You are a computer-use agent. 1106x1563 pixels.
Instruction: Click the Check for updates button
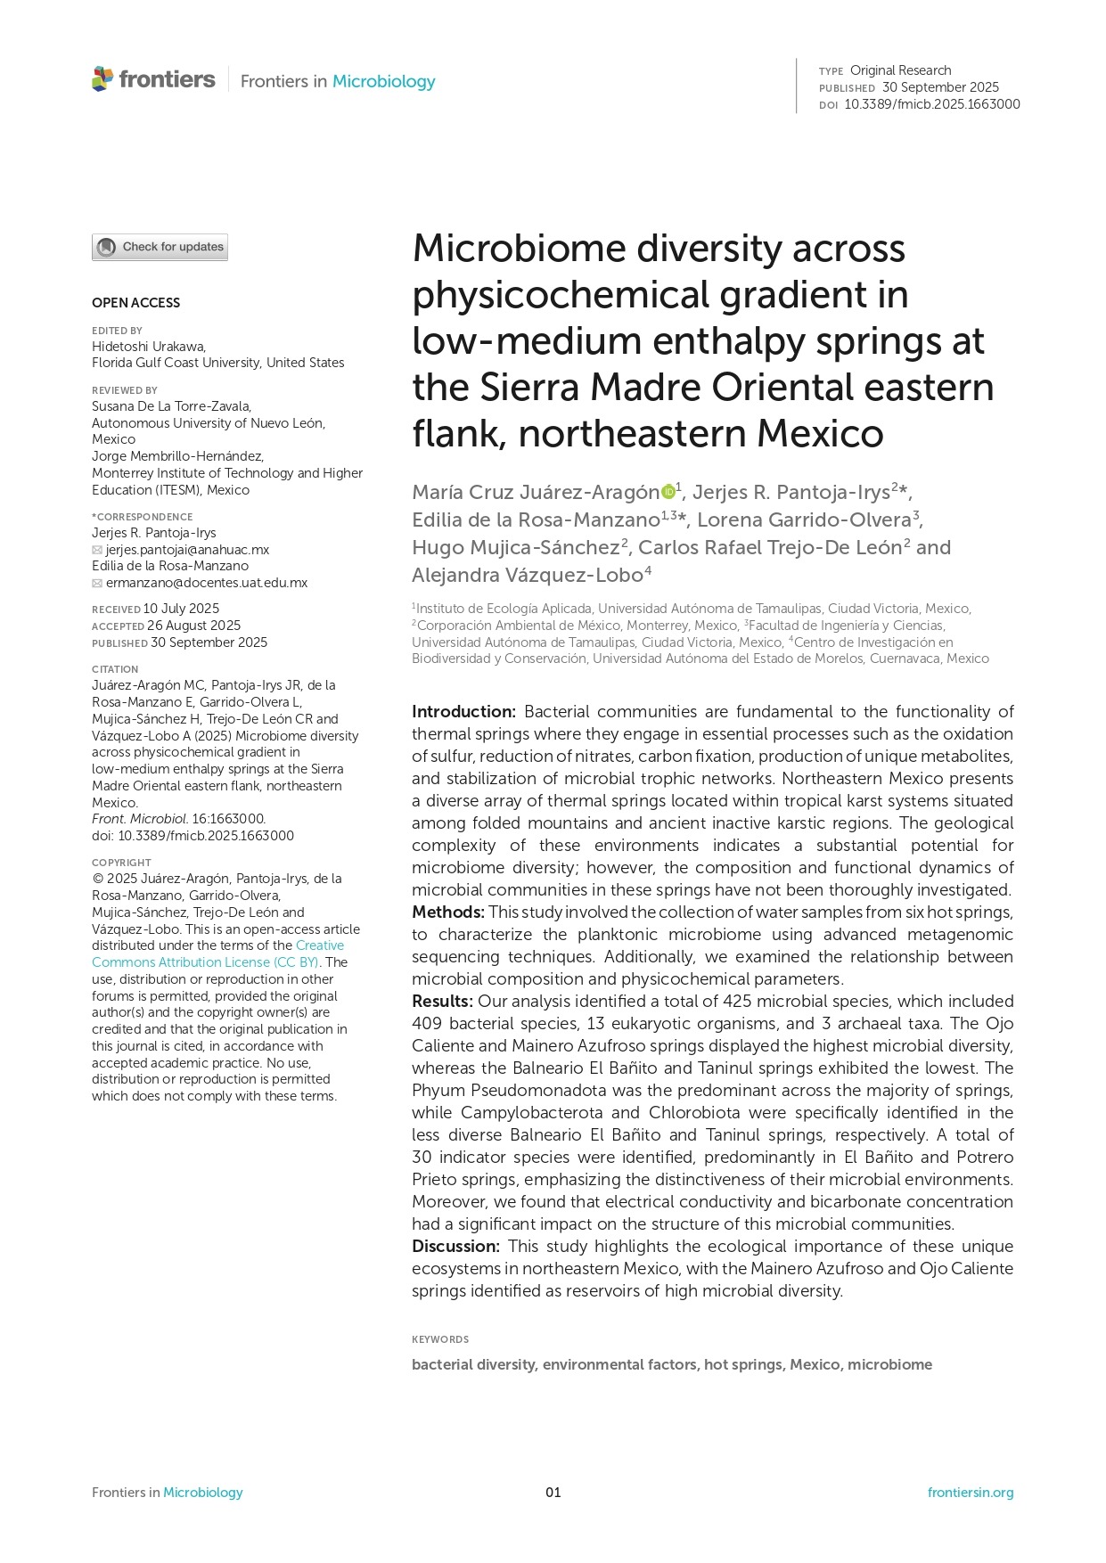pos(160,247)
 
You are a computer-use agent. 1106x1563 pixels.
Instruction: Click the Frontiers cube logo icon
pos(102,79)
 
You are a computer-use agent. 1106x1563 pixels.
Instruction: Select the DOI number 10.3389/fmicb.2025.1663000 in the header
pos(931,104)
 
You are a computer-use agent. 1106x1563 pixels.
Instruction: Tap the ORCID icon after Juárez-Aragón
pos(668,491)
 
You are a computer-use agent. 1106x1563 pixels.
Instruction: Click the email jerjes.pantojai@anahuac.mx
pos(187,550)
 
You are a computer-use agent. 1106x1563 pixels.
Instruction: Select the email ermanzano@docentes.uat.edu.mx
pos(207,583)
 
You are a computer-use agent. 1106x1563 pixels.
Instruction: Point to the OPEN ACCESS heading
pos(135,303)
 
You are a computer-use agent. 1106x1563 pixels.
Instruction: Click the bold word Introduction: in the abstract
pos(463,711)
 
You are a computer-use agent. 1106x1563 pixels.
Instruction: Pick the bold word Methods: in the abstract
pos(447,912)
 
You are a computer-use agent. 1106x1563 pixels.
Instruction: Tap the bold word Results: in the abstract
pos(442,1001)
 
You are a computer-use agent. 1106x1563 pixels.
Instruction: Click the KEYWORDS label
pos(440,1339)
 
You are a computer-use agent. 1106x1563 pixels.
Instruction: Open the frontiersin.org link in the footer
pos(970,1493)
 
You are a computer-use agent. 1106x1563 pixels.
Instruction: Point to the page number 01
pos(553,1493)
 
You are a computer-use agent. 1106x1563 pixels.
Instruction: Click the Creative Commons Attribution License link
pos(218,954)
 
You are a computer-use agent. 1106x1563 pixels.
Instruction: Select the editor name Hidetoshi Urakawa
pos(148,347)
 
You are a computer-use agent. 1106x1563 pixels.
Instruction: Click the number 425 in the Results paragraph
pos(737,1001)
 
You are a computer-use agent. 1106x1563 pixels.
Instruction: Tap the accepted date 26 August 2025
pos(193,626)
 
